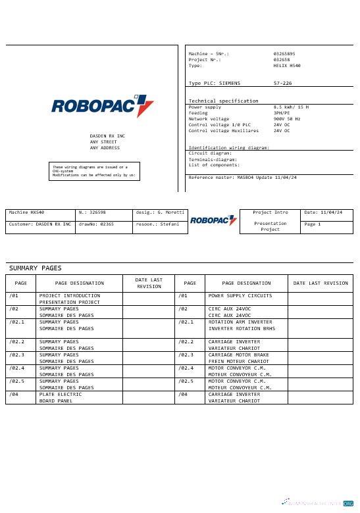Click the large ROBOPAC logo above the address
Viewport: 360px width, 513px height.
pyautogui.click(x=102, y=106)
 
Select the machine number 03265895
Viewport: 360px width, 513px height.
pyautogui.click(x=284, y=53)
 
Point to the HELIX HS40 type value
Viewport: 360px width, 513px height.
pyautogui.click(x=287, y=66)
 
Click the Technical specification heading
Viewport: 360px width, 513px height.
pyautogui.click(x=223, y=101)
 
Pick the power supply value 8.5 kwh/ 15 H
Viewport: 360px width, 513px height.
pyautogui.click(x=291, y=107)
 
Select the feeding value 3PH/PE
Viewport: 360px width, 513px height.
pyautogui.click(x=284, y=112)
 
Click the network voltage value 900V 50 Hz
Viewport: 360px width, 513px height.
pyautogui.click(x=287, y=118)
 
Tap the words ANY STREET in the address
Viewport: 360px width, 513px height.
pyautogui.click(x=103, y=141)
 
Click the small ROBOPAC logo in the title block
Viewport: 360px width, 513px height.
pyautogui.click(x=214, y=220)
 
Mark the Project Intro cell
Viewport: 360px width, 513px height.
pyautogui.click(x=270, y=212)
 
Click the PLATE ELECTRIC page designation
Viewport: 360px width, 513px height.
pyautogui.click(x=61, y=394)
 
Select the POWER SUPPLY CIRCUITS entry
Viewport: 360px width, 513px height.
pyautogui.click(x=240, y=296)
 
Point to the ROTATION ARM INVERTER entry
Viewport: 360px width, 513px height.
pyautogui.click(x=240, y=322)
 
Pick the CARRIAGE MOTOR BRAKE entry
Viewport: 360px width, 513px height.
pyautogui.click(x=238, y=354)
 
